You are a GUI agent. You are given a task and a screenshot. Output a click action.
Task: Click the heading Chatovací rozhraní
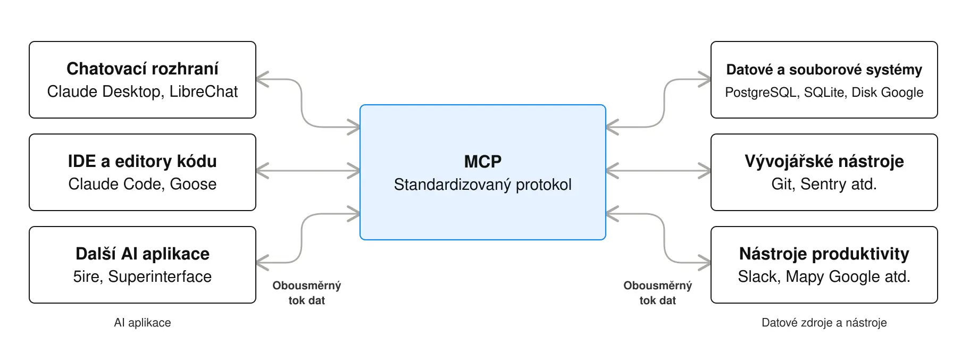143,69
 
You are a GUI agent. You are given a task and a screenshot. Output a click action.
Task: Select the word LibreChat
204,91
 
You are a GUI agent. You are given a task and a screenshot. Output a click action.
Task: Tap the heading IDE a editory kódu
143,161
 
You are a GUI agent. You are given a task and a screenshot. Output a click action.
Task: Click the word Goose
193,184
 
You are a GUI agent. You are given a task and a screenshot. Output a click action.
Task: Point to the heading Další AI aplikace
143,254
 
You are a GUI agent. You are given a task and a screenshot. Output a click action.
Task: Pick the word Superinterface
160,277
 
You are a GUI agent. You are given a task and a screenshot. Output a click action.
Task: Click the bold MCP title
483,161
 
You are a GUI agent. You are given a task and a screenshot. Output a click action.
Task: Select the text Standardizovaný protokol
483,185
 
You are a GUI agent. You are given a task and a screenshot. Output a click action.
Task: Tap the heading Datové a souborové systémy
824,70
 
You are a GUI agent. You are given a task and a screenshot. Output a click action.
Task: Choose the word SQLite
825,93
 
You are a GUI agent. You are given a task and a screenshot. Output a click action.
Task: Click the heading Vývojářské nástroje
824,161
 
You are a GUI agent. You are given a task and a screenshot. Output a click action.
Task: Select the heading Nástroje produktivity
824,254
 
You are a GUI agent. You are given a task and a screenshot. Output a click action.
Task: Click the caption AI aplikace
143,323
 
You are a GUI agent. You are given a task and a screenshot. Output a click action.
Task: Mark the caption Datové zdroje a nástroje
824,323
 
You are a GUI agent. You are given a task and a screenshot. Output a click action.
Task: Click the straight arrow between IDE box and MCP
308,171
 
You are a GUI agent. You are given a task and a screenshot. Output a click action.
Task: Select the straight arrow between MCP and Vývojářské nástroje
658,171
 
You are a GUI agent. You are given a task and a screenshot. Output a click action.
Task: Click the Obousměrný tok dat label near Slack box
658,293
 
